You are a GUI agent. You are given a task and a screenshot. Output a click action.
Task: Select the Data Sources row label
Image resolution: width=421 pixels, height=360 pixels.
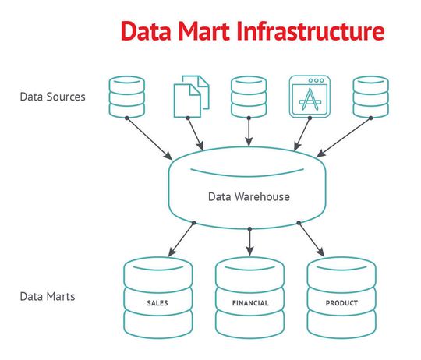click(52, 97)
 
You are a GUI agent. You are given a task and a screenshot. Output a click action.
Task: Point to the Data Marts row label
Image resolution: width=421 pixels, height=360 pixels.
click(48, 297)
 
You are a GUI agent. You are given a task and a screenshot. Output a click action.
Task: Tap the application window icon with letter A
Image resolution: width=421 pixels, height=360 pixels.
click(309, 97)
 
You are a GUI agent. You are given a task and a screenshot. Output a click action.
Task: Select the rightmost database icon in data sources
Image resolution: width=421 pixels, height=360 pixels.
click(370, 97)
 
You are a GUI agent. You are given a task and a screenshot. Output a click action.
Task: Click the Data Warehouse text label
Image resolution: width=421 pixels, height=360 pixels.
click(249, 196)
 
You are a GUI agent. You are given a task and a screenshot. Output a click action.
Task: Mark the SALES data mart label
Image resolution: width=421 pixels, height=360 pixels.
click(158, 302)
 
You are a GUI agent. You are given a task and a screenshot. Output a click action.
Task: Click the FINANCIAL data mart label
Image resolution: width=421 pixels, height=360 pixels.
click(249, 302)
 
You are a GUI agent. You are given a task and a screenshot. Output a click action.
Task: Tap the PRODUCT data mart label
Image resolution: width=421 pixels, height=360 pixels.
click(341, 302)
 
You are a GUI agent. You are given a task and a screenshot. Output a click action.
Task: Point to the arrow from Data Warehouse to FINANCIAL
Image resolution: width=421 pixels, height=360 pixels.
click(249, 242)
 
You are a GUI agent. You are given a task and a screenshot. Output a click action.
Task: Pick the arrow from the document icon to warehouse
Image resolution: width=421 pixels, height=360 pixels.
click(196, 133)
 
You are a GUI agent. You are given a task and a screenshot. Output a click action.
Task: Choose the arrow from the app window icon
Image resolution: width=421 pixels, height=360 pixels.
click(302, 133)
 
